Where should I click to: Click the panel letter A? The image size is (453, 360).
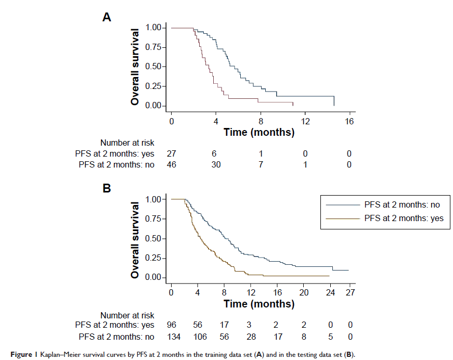point(106,17)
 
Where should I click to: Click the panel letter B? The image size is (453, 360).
point(106,188)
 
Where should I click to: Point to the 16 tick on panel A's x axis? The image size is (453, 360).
point(350,121)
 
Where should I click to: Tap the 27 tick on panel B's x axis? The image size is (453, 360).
point(351,292)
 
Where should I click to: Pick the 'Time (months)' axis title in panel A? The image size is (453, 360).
point(259,132)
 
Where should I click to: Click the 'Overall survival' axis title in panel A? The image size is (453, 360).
point(135,67)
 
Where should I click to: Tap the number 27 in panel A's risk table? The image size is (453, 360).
point(171,153)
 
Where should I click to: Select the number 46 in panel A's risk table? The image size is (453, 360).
point(171,165)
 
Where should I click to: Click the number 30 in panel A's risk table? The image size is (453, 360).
point(216,165)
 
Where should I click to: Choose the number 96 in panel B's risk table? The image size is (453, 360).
point(171,325)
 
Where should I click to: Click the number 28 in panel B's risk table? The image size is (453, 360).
point(251,337)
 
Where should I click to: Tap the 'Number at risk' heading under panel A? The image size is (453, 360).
point(127,142)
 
